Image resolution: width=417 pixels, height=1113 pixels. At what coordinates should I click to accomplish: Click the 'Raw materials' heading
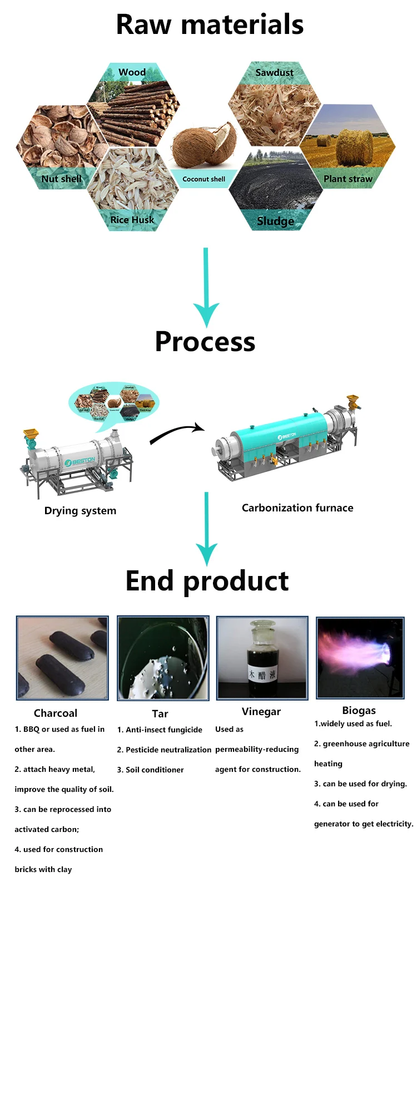pyautogui.click(x=210, y=25)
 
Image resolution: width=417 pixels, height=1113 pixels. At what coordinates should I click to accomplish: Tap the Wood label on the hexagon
pyautogui.click(x=132, y=72)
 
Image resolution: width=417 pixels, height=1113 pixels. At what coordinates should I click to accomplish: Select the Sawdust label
pyautogui.click(x=274, y=72)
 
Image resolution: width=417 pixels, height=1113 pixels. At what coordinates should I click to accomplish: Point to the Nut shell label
pyautogui.click(x=61, y=179)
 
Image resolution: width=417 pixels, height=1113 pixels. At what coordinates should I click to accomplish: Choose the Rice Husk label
pyautogui.click(x=132, y=220)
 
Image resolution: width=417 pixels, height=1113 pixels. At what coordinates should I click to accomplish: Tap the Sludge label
pyautogui.click(x=275, y=221)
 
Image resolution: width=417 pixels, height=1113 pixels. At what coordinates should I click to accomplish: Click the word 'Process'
pyautogui.click(x=205, y=342)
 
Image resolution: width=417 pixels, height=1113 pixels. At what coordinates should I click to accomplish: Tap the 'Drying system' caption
pyautogui.click(x=80, y=511)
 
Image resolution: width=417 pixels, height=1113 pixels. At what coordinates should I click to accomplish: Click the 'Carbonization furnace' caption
pyautogui.click(x=297, y=508)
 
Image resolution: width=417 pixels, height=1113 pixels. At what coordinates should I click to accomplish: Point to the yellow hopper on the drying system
pyautogui.click(x=31, y=434)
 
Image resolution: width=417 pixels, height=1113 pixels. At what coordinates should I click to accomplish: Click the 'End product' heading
pyautogui.click(x=207, y=581)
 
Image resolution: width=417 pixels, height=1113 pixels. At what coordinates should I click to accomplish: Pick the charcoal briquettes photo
pyautogui.click(x=62, y=657)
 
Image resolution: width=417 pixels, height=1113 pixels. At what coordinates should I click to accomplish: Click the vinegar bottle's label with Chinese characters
pyautogui.click(x=262, y=675)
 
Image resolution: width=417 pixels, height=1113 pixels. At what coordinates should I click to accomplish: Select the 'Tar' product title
pyautogui.click(x=160, y=713)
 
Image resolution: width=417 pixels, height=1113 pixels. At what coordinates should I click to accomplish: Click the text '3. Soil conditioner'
pyautogui.click(x=150, y=770)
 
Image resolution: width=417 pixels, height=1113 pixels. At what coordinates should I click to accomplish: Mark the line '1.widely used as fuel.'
pyautogui.click(x=353, y=723)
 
